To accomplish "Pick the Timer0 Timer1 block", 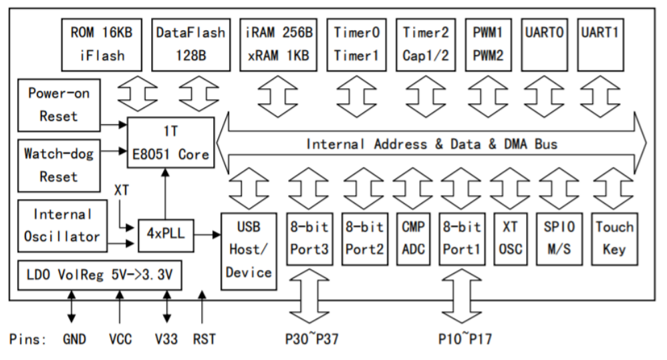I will (357, 43).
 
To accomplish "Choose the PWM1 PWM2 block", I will (488, 43).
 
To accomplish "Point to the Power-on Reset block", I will (58, 104).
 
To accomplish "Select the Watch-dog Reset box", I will (58, 165).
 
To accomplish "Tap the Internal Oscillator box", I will (58, 225).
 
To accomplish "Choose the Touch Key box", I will (614, 238).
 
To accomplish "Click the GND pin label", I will (74, 340).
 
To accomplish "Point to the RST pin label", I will (205, 340).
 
